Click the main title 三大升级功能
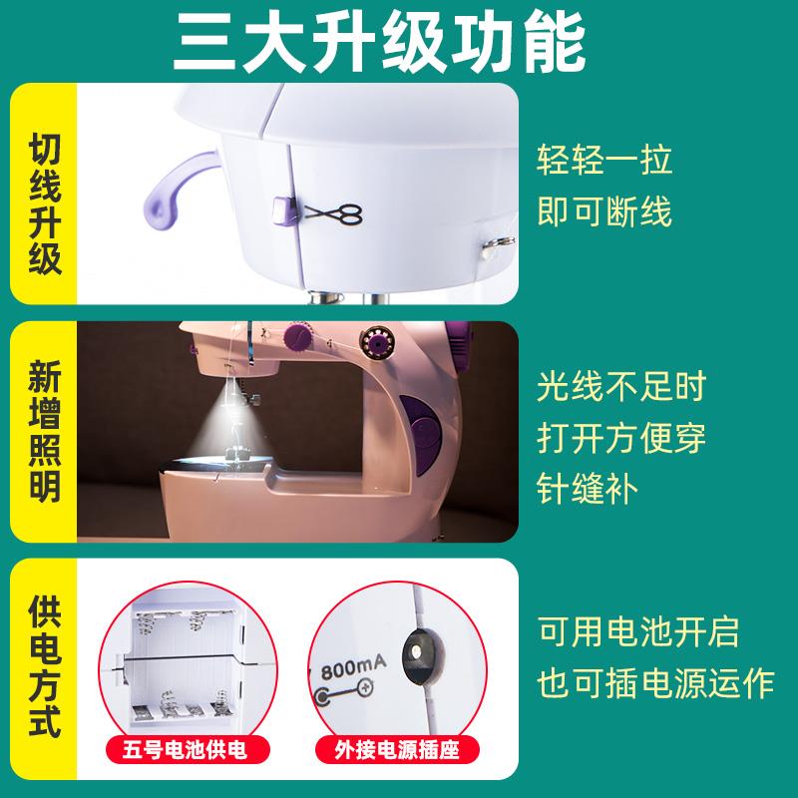pos(399,40)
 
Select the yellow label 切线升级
pos(44,194)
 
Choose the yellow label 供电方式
pos(44,666)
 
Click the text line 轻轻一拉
pos(604,160)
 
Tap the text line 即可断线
pos(604,210)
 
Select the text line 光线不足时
pos(621,385)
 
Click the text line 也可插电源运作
pos(655,683)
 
